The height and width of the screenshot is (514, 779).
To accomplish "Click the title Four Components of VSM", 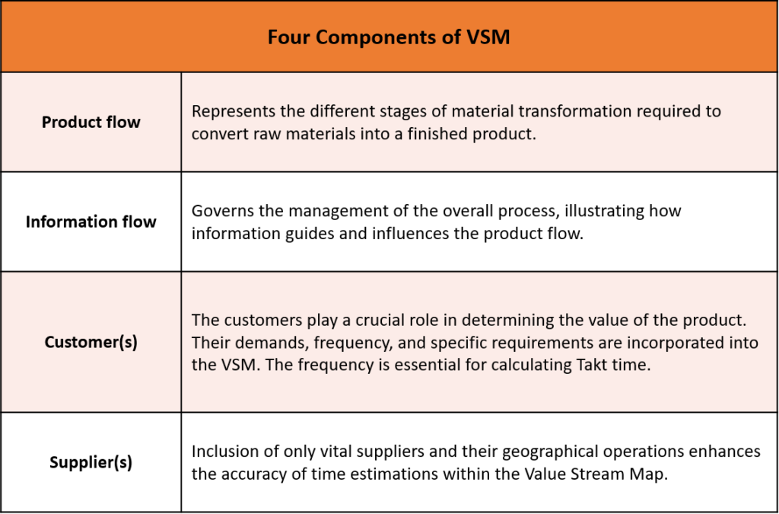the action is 389,37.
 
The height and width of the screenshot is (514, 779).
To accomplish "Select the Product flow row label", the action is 91,123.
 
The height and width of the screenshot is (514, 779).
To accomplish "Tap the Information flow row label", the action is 91,222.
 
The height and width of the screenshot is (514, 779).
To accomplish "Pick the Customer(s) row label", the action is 91,342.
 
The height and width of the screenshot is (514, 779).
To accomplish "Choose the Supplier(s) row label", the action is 91,462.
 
